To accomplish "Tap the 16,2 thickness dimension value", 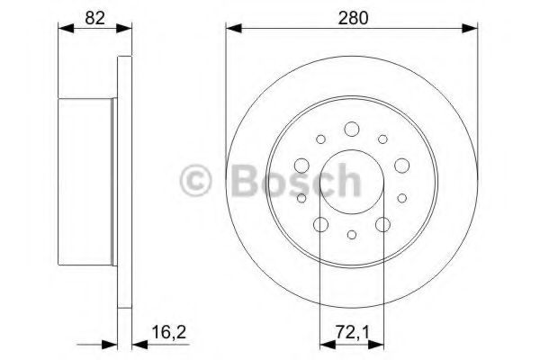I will click(x=161, y=335).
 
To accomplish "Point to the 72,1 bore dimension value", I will click(x=352, y=335).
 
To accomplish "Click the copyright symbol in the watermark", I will click(x=197, y=183).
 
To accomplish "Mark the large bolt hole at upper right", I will click(x=401, y=164).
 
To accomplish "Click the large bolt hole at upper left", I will click(x=302, y=164).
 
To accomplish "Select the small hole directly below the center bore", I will click(x=352, y=235).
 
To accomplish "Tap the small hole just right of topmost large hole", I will click(x=383, y=139).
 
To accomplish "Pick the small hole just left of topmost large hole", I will click(x=320, y=139).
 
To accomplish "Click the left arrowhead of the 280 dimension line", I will click(x=229, y=28).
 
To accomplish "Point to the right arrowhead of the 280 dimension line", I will click(x=475, y=28).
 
